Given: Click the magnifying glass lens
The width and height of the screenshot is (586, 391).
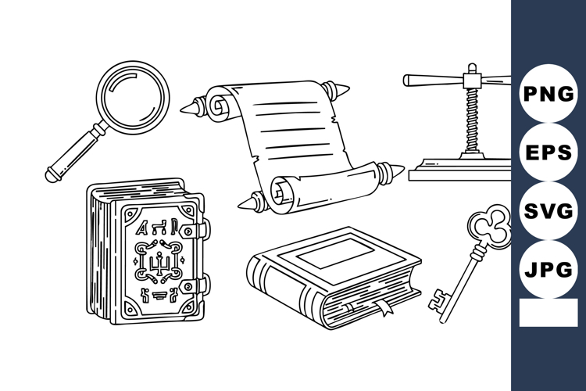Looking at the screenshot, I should click(134, 97).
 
